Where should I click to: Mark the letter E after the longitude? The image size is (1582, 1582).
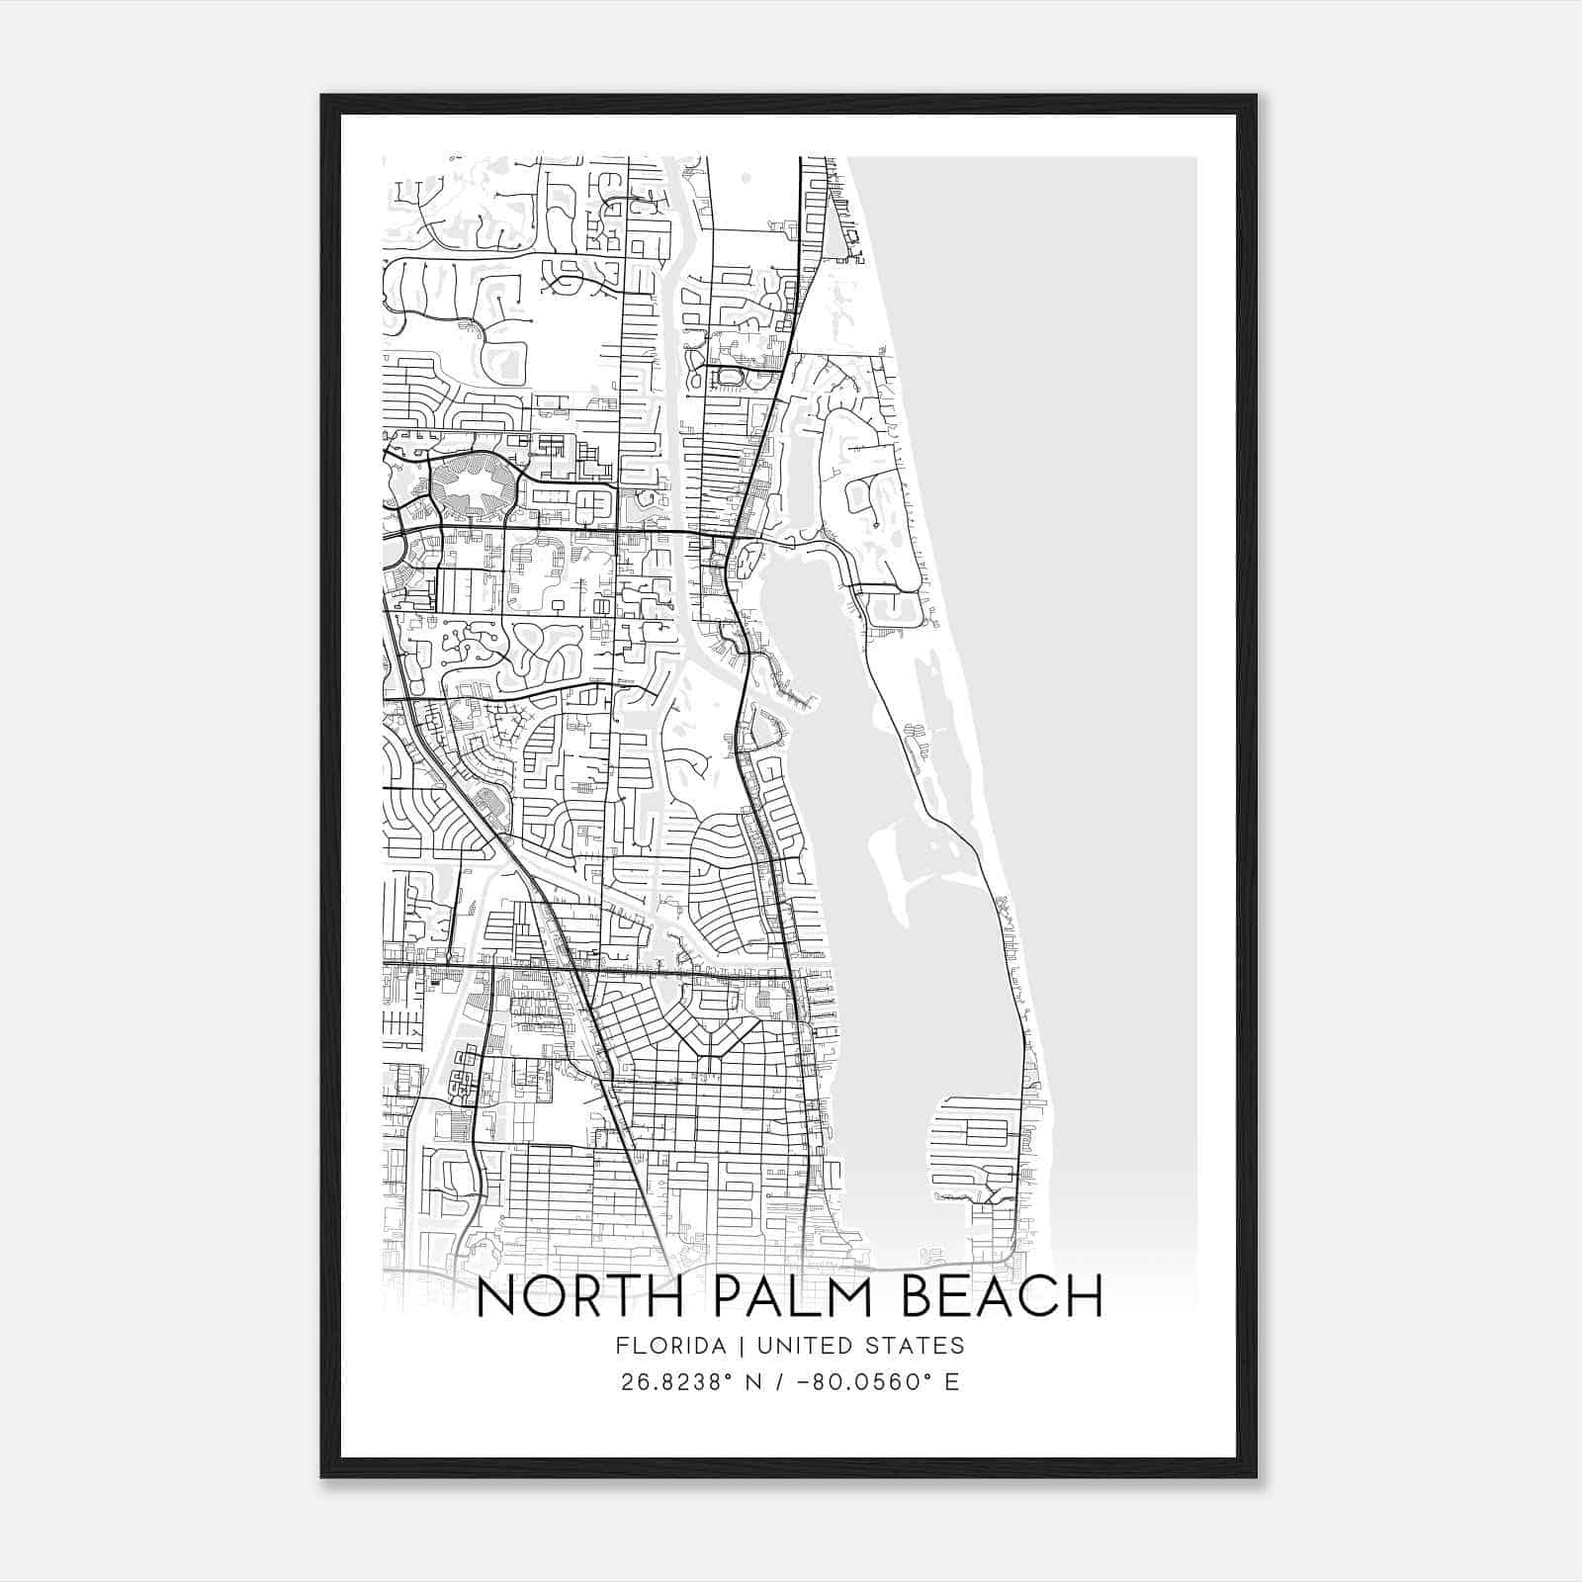pos(952,1381)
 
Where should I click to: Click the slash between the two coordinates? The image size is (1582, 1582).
pos(784,1381)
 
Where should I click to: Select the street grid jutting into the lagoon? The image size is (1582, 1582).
pos(974,1147)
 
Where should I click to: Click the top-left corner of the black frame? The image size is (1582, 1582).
pos(322,96)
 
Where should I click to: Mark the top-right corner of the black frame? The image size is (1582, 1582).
pos(1256,96)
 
